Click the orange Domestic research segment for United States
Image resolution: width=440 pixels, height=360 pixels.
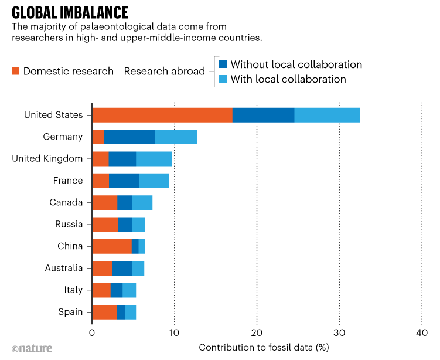pyautogui.click(x=162, y=115)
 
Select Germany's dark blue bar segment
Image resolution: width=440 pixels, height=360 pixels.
pyautogui.click(x=129, y=137)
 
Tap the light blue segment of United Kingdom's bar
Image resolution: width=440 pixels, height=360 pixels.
pyautogui.click(x=154, y=158)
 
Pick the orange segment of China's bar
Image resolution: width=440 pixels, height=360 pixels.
pyautogui.click(x=112, y=246)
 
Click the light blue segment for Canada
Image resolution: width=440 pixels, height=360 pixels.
pyautogui.click(x=142, y=202)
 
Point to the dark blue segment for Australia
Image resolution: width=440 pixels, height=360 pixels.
pyautogui.click(x=122, y=268)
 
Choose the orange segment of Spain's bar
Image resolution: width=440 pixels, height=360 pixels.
pyautogui.click(x=104, y=312)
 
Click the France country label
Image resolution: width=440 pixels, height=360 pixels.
pyautogui.click(x=68, y=181)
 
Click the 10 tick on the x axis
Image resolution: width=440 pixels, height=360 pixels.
pyautogui.click(x=174, y=332)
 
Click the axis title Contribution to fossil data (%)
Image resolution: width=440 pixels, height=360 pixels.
pyautogui.click(x=264, y=347)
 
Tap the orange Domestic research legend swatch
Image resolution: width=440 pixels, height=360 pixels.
pyautogui.click(x=16, y=71)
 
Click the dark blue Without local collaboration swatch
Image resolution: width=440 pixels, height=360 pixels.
pyautogui.click(x=223, y=64)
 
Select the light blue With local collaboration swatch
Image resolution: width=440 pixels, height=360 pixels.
pyautogui.click(x=223, y=79)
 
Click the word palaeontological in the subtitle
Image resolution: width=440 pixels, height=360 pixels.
pyautogui.click(x=118, y=27)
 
